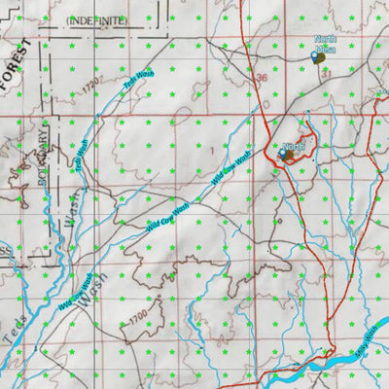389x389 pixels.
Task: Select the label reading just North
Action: tap(293, 145)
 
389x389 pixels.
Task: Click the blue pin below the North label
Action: tap(284, 154)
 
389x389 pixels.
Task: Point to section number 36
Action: tap(260, 78)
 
